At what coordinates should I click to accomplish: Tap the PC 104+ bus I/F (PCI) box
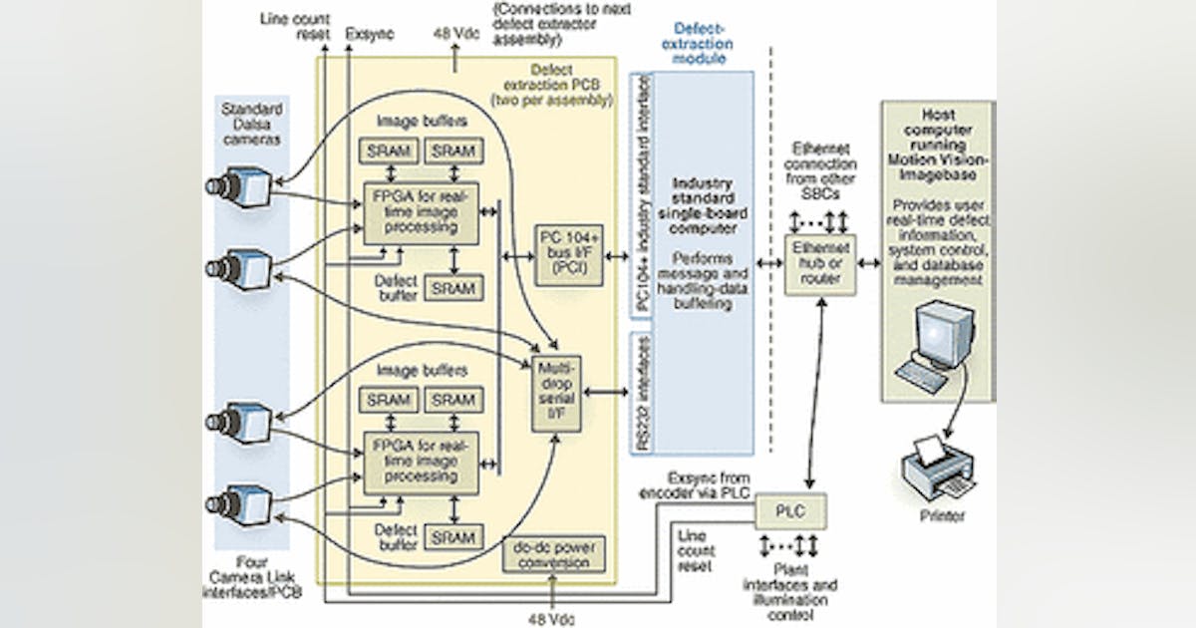[568, 255]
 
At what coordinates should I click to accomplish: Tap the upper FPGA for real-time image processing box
[420, 212]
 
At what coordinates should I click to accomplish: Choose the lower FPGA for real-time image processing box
[420, 462]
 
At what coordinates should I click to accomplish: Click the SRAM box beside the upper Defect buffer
[453, 288]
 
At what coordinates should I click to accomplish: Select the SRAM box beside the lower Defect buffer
[453, 537]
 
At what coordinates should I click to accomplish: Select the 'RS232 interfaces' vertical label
[644, 392]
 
